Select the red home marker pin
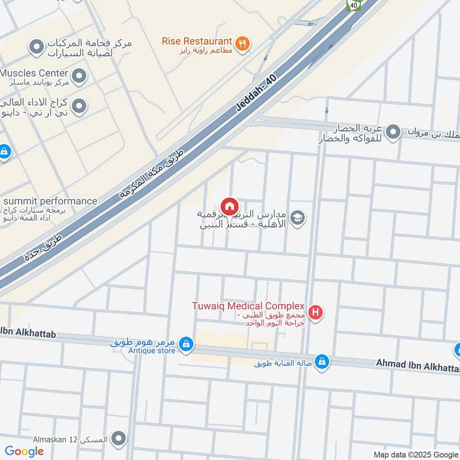pyautogui.click(x=229, y=206)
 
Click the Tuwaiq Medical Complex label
pyautogui.click(x=248, y=306)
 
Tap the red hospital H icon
pyautogui.click(x=315, y=313)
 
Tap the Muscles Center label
pyautogui.click(x=34, y=74)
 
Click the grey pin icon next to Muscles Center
pyautogui.click(x=79, y=75)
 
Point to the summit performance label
pyautogui.click(x=50, y=201)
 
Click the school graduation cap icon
pyautogui.click(x=297, y=217)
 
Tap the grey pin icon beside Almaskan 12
pyautogui.click(x=119, y=439)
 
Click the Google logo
pyautogui.click(x=24, y=451)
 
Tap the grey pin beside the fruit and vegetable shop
pyautogui.click(x=393, y=132)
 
